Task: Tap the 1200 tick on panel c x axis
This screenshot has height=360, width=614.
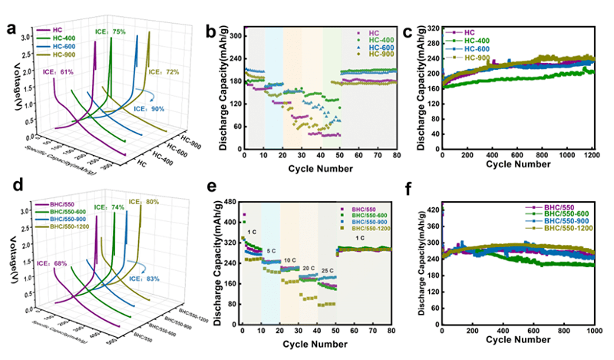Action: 589,154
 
